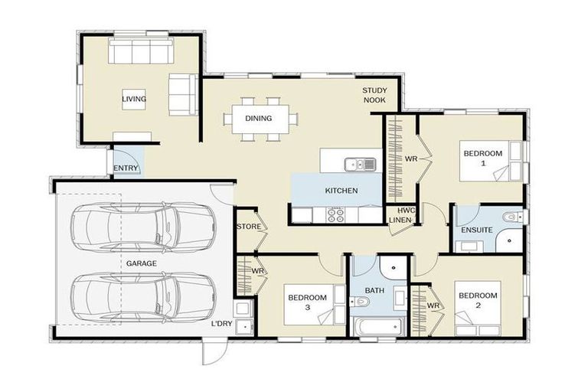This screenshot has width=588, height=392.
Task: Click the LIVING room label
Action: click(x=133, y=99)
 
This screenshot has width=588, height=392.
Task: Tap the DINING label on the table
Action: click(x=258, y=119)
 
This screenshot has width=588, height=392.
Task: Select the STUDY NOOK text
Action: click(x=375, y=95)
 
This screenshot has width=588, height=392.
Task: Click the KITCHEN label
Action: click(x=341, y=191)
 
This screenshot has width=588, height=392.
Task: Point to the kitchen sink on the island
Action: click(x=358, y=163)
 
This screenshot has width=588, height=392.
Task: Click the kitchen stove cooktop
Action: click(x=335, y=216)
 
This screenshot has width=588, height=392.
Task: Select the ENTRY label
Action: click(x=126, y=168)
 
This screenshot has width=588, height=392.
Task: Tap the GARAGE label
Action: click(x=142, y=263)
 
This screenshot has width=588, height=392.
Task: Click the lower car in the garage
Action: click(x=143, y=297)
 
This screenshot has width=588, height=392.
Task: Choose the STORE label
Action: click(x=249, y=227)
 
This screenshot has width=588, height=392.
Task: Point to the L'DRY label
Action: click(x=221, y=324)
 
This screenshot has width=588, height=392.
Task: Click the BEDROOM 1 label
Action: click(x=483, y=158)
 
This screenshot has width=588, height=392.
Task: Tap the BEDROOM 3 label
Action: click(x=307, y=302)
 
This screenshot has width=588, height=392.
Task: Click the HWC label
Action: click(x=405, y=211)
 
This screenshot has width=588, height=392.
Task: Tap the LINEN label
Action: click(x=400, y=220)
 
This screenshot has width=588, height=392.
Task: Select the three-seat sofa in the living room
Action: click(x=140, y=52)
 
